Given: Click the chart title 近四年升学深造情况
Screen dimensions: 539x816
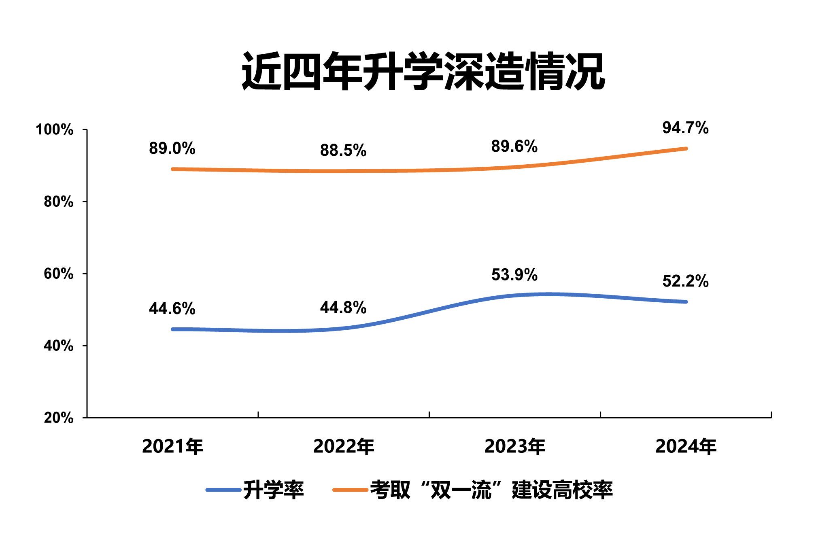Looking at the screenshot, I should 423,72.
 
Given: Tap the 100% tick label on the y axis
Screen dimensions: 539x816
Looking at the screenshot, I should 55,130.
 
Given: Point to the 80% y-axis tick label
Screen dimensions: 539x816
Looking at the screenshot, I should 59,202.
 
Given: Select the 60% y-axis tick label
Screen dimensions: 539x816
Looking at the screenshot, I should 59,274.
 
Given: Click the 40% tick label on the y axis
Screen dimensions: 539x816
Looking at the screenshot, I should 59,346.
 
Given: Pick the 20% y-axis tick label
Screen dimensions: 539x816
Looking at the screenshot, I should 59,418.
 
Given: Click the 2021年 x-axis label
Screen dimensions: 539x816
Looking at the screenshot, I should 172,447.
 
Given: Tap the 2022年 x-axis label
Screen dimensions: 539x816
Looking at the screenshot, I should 344,447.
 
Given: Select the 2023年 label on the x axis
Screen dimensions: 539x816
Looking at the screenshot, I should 515,447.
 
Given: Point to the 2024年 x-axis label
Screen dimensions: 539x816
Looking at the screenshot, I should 686,447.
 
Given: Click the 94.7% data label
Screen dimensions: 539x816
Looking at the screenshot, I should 685,128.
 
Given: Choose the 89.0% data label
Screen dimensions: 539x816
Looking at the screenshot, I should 172,149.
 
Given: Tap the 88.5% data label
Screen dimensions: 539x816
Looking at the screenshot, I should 343,151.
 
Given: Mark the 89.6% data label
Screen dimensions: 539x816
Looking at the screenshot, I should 514,146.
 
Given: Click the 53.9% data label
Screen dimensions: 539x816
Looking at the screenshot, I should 514,275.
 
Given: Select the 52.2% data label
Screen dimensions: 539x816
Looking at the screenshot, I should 685,281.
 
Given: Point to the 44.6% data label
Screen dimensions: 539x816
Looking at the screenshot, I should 172,309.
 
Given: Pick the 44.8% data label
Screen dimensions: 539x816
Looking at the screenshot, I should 343,308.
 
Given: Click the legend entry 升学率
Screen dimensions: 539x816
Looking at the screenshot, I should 273,490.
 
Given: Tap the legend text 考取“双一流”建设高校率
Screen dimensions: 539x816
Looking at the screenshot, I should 491,490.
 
